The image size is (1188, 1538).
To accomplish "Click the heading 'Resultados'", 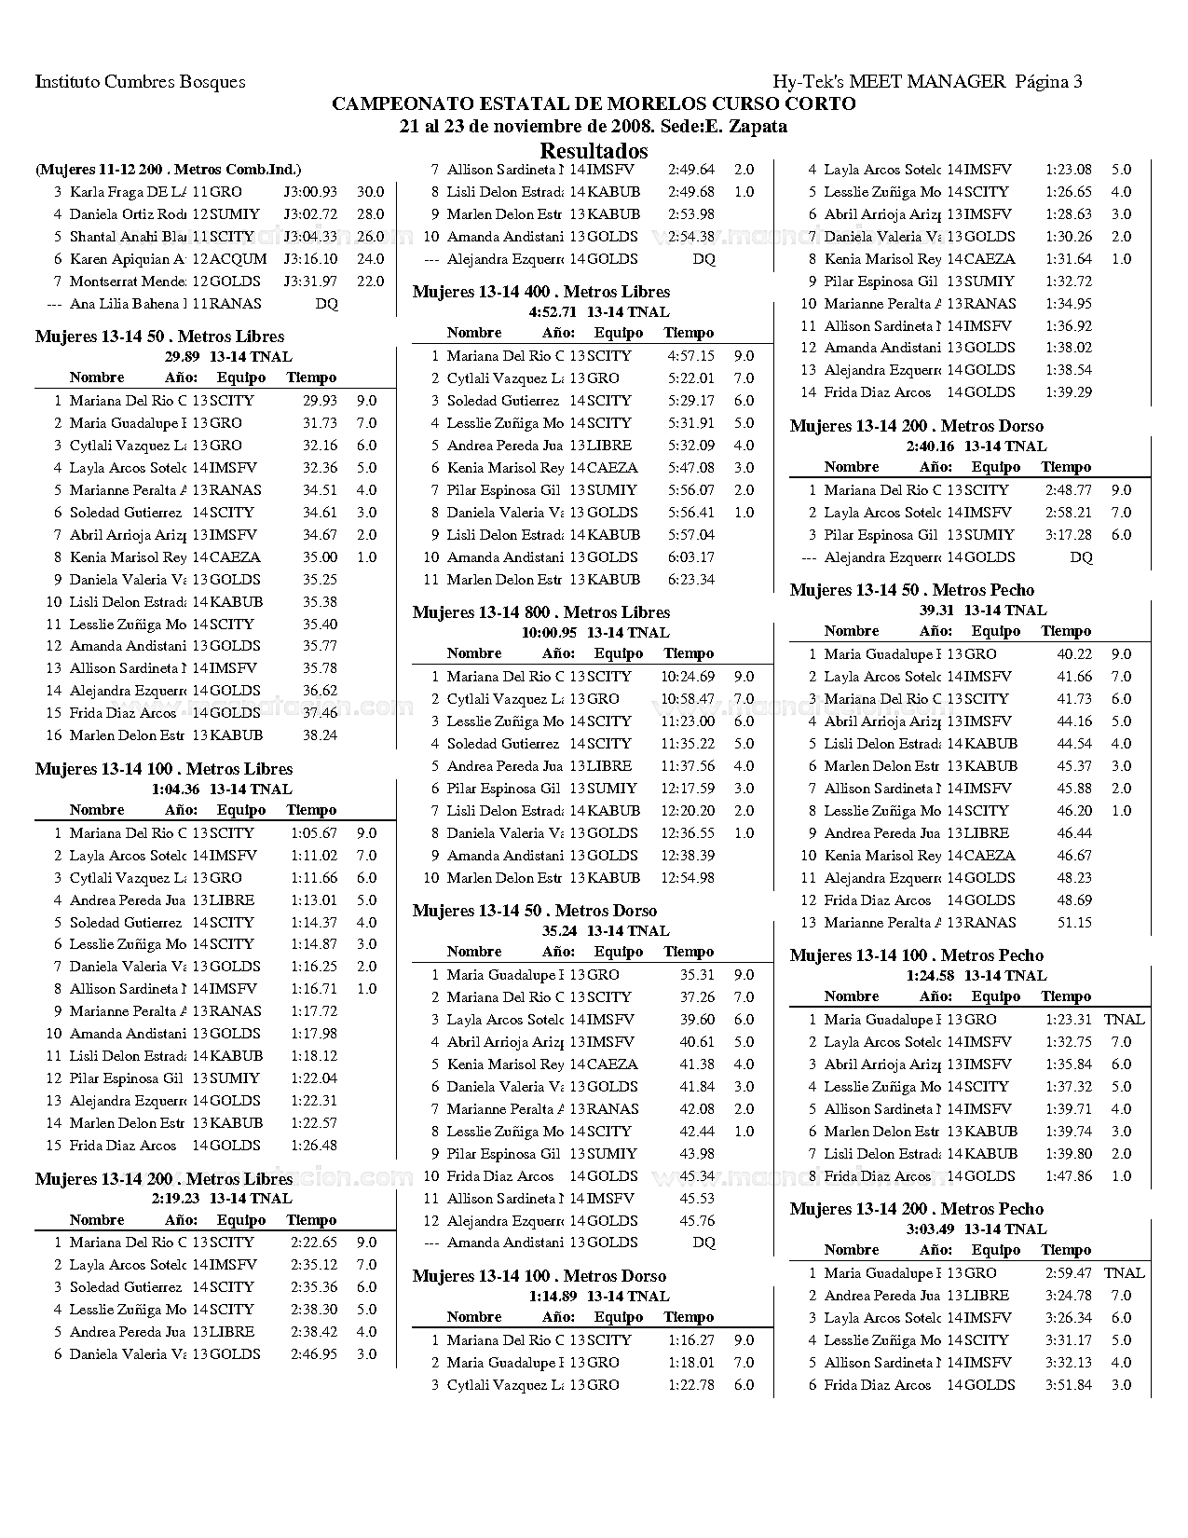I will click(594, 151).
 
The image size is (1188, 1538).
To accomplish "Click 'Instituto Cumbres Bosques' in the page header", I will click(140, 82).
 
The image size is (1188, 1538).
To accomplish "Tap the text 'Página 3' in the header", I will click(1048, 82).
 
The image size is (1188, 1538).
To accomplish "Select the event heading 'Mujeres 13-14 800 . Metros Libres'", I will click(540, 612).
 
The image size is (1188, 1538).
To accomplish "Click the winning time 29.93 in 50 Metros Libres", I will click(320, 401).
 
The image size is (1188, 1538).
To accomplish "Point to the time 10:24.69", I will click(688, 677).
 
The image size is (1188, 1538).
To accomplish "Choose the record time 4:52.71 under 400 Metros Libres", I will click(553, 312).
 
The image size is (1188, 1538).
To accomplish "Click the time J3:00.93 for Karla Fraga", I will click(310, 192).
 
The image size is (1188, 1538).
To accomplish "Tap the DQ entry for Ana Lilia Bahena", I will click(326, 304).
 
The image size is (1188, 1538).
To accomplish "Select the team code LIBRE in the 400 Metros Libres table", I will click(609, 446).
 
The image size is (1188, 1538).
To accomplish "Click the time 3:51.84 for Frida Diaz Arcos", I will click(1069, 1385).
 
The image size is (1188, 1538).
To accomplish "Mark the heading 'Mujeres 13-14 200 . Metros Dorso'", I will click(916, 426).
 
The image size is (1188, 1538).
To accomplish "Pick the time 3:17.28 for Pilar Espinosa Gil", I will click(1069, 535).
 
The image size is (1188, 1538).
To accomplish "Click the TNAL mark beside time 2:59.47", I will click(1124, 1273).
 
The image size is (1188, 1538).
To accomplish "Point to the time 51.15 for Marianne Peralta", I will click(1074, 923).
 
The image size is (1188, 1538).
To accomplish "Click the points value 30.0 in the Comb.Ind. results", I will click(370, 192).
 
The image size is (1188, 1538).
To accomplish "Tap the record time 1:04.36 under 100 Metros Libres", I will click(175, 790).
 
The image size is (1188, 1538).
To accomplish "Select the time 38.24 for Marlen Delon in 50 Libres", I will click(320, 735).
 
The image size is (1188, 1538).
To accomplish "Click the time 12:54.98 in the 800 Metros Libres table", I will click(688, 878).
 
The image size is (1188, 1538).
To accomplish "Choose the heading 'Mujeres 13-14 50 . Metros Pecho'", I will click(911, 590).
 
